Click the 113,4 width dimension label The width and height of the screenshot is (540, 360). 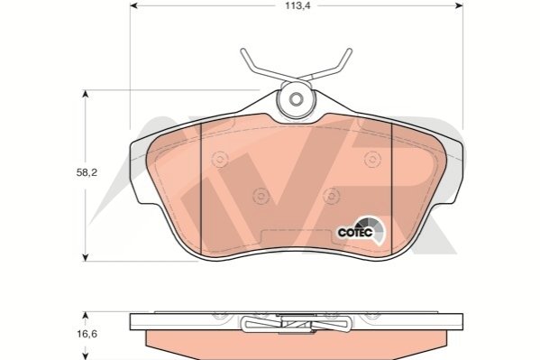click(x=297, y=5)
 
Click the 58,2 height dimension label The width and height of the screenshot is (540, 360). click(x=87, y=172)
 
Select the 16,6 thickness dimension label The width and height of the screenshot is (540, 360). click(x=87, y=334)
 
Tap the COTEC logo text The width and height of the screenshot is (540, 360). click(x=355, y=233)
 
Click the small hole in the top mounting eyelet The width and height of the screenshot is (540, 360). click(x=296, y=99)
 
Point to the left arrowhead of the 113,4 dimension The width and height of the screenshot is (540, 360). click(x=133, y=5)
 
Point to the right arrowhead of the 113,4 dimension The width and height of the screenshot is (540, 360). click(x=459, y=5)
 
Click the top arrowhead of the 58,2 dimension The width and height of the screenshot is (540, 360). click(x=86, y=94)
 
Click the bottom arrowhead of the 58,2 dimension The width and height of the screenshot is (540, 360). click(x=86, y=257)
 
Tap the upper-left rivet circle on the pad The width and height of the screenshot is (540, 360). click(x=220, y=160)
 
